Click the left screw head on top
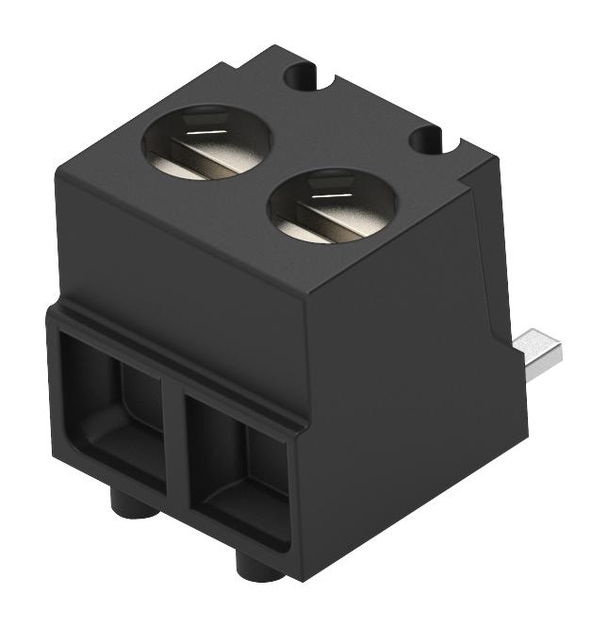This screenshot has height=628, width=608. (x=205, y=143)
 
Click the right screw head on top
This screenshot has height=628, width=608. (x=332, y=207)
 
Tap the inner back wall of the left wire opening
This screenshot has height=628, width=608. (x=137, y=396)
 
